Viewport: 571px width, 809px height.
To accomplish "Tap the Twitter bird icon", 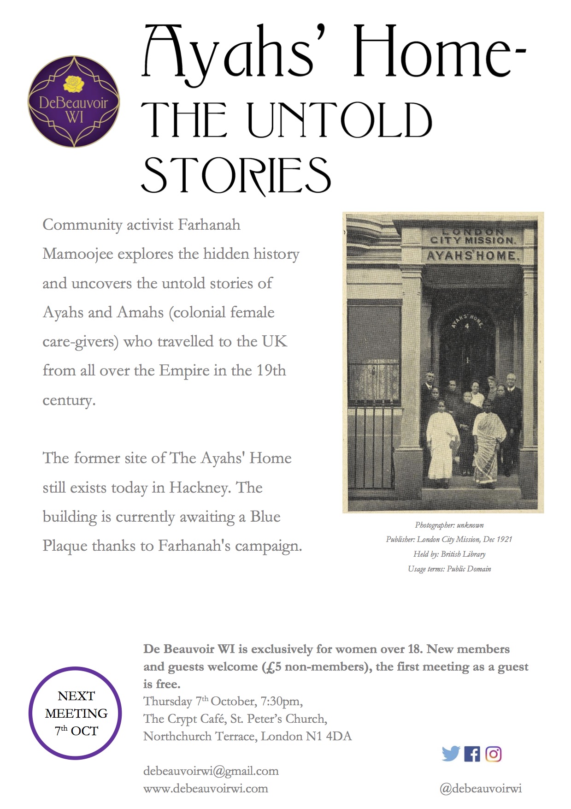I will point(450,754).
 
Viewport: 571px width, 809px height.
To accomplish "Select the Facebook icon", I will point(472,754).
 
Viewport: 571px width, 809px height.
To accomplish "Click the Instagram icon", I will point(493,754).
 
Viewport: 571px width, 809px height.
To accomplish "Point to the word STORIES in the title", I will point(235,175).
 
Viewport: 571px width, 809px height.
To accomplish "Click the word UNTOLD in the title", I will point(340,120).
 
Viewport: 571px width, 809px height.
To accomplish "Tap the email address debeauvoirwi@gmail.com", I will point(211,771).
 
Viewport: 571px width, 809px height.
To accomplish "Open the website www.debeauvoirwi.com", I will point(206,788).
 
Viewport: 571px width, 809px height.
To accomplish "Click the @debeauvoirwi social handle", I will point(480,788).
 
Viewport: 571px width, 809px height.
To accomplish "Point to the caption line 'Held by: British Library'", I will point(449,554).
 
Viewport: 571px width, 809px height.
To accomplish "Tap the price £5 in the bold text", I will point(272,667).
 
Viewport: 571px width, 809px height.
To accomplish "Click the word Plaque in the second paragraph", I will point(65,546).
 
